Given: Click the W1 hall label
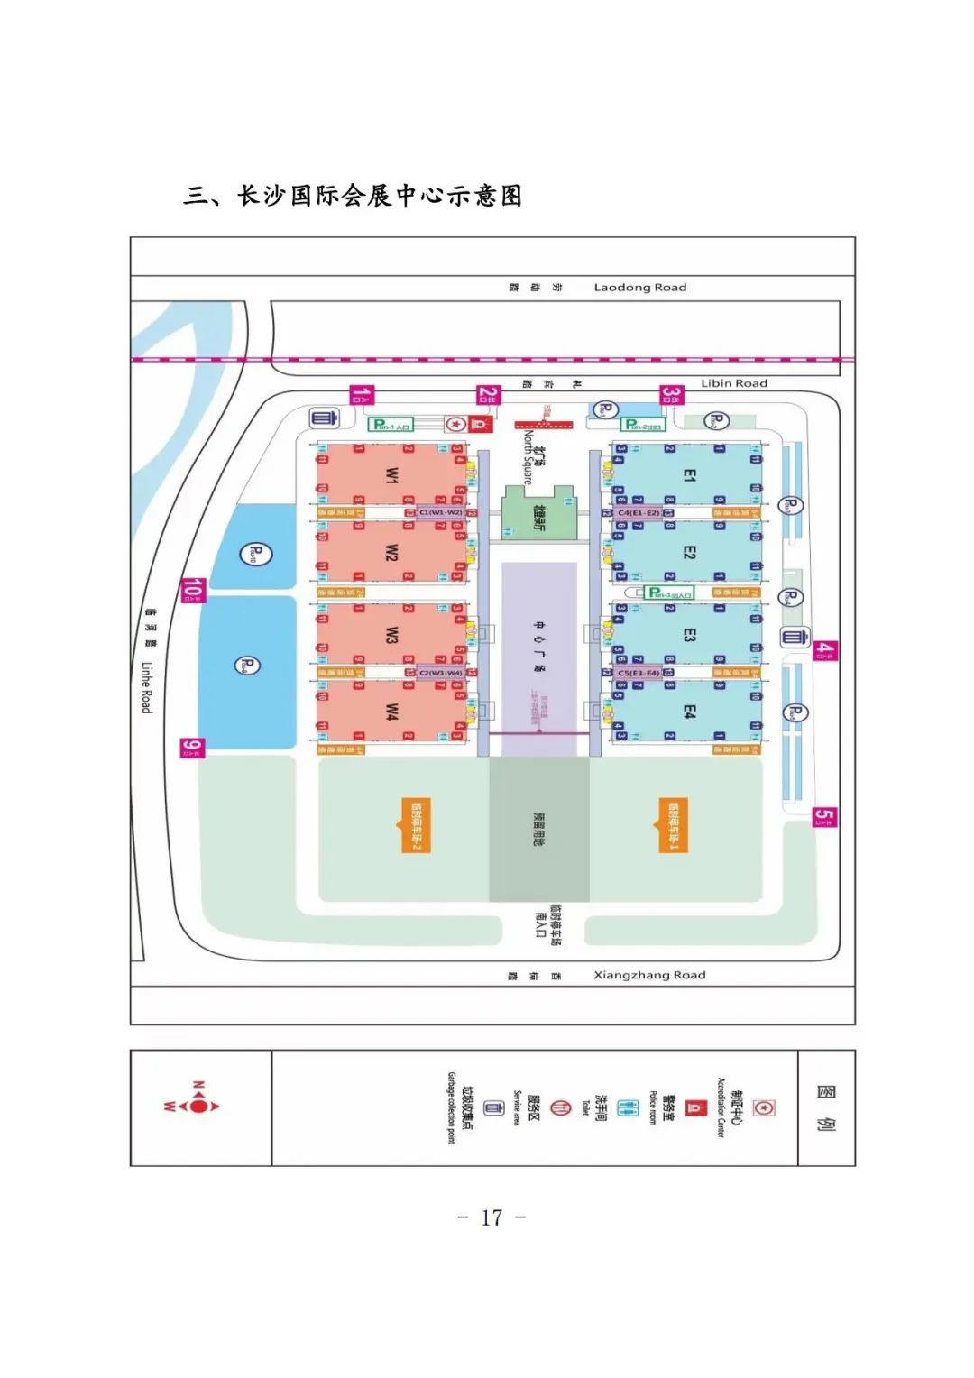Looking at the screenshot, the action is [391, 474].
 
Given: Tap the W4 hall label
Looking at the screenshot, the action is [391, 712].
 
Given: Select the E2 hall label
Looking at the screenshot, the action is [689, 552].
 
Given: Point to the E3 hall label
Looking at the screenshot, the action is [689, 635].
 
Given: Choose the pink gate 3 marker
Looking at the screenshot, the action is [672, 395].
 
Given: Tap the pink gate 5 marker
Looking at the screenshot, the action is [824, 817].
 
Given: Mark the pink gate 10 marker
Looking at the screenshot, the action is [193, 590].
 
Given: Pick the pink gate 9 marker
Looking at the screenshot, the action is [192, 748].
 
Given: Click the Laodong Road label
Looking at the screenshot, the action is [639, 288].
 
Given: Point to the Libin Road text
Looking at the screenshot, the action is [734, 383].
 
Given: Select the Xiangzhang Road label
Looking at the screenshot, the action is [649, 975].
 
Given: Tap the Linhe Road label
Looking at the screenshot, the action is [146, 687].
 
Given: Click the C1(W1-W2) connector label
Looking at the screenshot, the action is [441, 512].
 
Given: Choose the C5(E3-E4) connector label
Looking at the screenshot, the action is [639, 673].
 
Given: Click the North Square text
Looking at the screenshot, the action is [528, 458].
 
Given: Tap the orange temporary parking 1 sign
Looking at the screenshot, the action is [673, 825].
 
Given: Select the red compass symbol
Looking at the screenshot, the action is [198, 1106].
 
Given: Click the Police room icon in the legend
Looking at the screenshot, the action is [694, 1107].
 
